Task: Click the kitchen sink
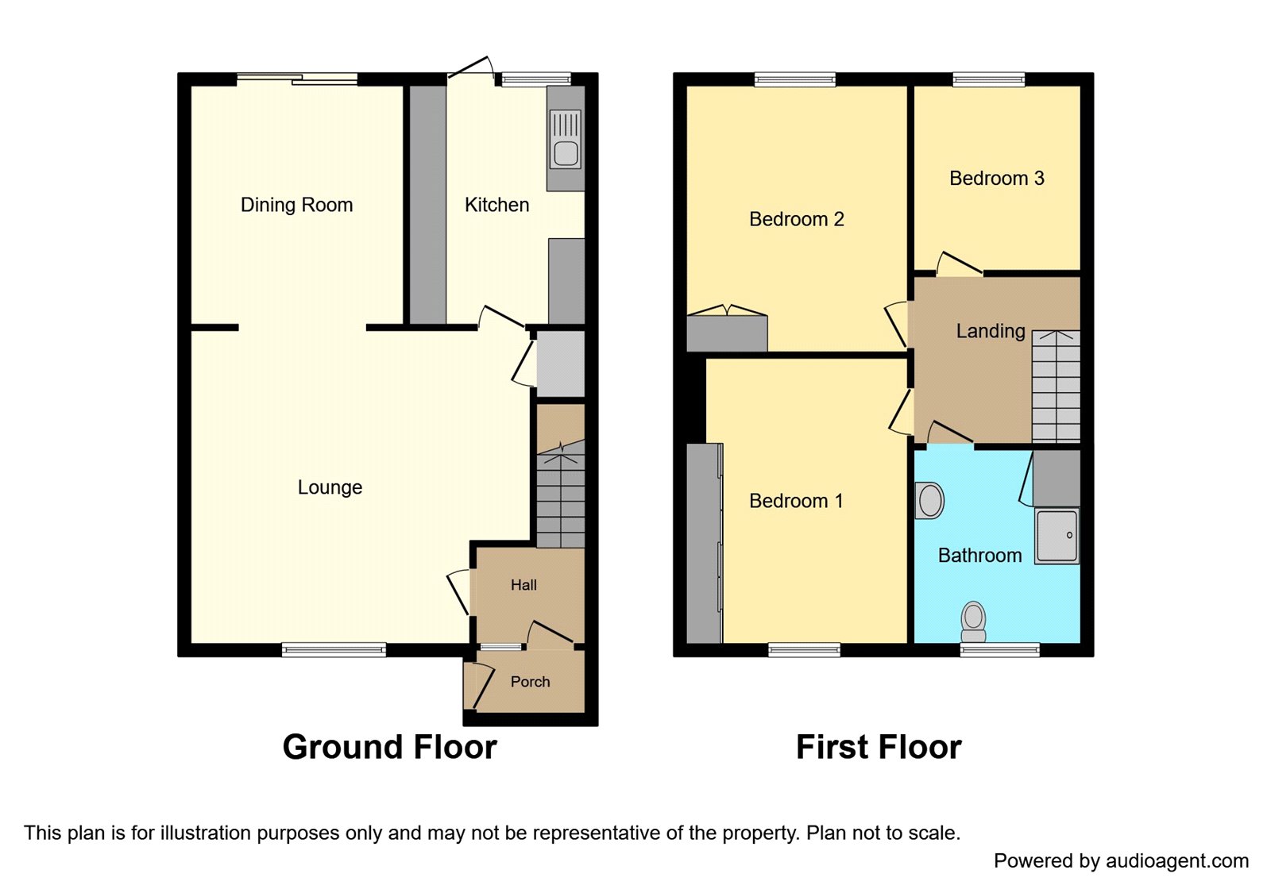tap(566, 139)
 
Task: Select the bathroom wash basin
tap(929, 501)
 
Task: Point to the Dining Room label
tap(297, 205)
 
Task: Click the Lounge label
tap(330, 487)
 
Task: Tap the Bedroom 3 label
tap(997, 178)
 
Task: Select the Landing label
tap(991, 331)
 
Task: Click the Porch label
tap(530, 682)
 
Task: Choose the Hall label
tap(523, 584)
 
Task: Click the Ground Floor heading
tap(390, 747)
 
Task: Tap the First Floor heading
tap(879, 747)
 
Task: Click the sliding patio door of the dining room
tap(297, 79)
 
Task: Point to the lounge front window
tap(334, 650)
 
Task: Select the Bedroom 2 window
tap(795, 79)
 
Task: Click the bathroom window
tap(1000, 650)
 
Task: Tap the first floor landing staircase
tap(1056, 386)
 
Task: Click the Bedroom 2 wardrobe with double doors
tap(727, 329)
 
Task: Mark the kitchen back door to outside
tap(470, 68)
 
